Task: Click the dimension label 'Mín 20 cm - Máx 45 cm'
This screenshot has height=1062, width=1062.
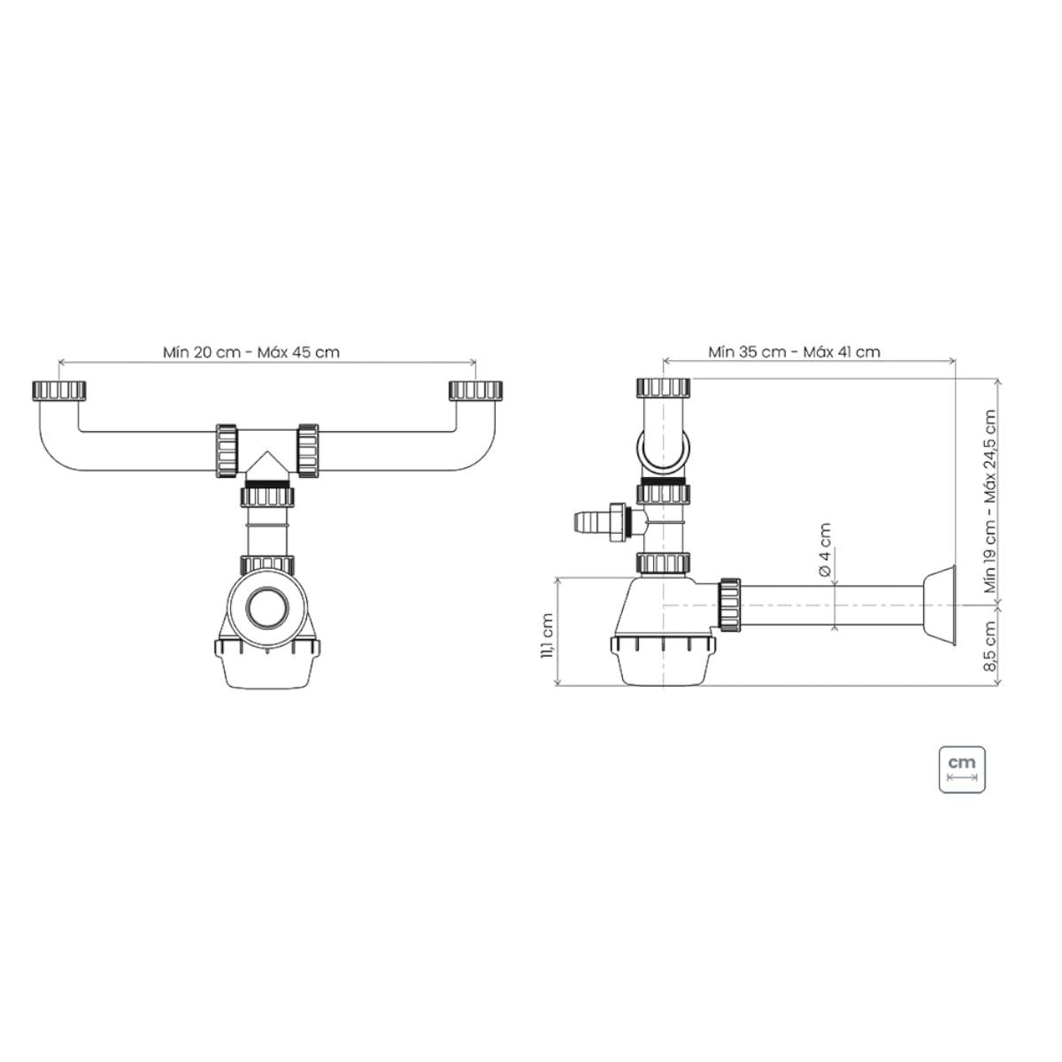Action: (251, 352)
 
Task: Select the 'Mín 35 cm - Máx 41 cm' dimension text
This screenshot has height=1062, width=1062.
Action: (794, 351)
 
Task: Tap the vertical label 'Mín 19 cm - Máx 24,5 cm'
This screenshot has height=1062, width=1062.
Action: (991, 501)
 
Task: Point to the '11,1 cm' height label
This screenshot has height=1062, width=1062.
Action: (547, 636)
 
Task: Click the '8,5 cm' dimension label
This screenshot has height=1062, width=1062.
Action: (990, 646)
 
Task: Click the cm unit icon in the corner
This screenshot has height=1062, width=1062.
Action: (962, 770)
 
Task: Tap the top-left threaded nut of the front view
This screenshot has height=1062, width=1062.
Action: (59, 390)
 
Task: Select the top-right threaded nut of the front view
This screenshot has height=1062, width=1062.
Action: (475, 390)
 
